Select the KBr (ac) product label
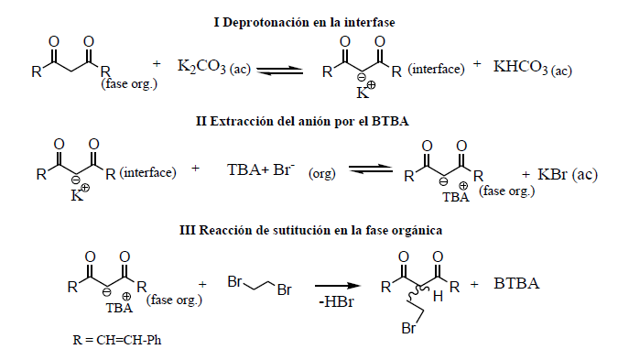(x=559, y=175)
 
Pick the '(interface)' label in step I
(x=435, y=70)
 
